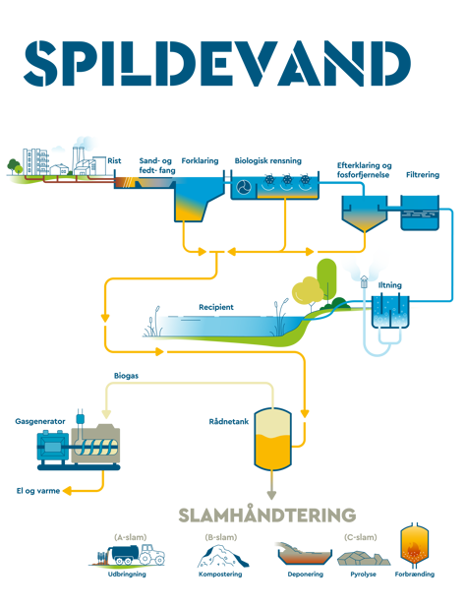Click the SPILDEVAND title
coord(217,63)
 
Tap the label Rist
coord(114,160)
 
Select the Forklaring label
coord(200,160)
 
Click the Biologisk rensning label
coord(268,160)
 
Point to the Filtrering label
coord(423,174)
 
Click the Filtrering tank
coord(420,212)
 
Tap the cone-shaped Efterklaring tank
coord(365,213)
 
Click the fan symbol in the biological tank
coord(244,187)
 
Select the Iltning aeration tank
coord(390,312)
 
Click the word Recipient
coord(216,307)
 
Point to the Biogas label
coord(126,376)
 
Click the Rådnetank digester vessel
coord(272,439)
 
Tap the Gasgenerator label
coord(40,421)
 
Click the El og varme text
coord(38,491)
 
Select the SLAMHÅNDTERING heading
coord(266,515)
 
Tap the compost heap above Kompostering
coord(223,556)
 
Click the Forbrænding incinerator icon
coord(415,545)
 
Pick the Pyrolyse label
coord(363,575)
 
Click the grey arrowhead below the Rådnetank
coord(272,495)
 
